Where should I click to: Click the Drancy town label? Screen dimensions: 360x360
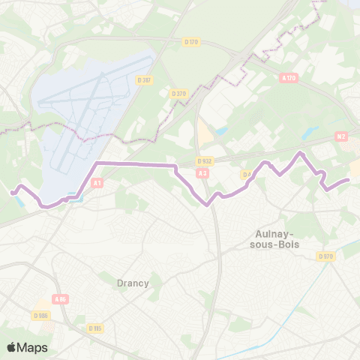(x=133, y=283)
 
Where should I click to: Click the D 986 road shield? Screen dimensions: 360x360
(x=42, y=316)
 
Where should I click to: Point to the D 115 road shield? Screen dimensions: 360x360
(x=94, y=328)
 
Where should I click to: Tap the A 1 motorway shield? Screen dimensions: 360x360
(x=97, y=182)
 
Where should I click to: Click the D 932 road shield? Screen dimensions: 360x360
(x=204, y=160)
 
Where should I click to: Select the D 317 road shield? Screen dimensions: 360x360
(x=144, y=79)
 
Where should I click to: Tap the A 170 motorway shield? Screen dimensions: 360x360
(x=289, y=77)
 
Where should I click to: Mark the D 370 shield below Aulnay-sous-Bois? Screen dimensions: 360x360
(x=325, y=256)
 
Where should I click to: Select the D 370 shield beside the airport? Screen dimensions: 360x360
(x=178, y=94)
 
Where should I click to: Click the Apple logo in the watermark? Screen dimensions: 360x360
(x=11, y=347)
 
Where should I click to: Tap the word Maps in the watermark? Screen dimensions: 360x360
(x=33, y=347)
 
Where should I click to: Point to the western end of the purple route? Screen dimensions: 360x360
(x=11, y=193)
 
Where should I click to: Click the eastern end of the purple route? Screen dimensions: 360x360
(x=349, y=180)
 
